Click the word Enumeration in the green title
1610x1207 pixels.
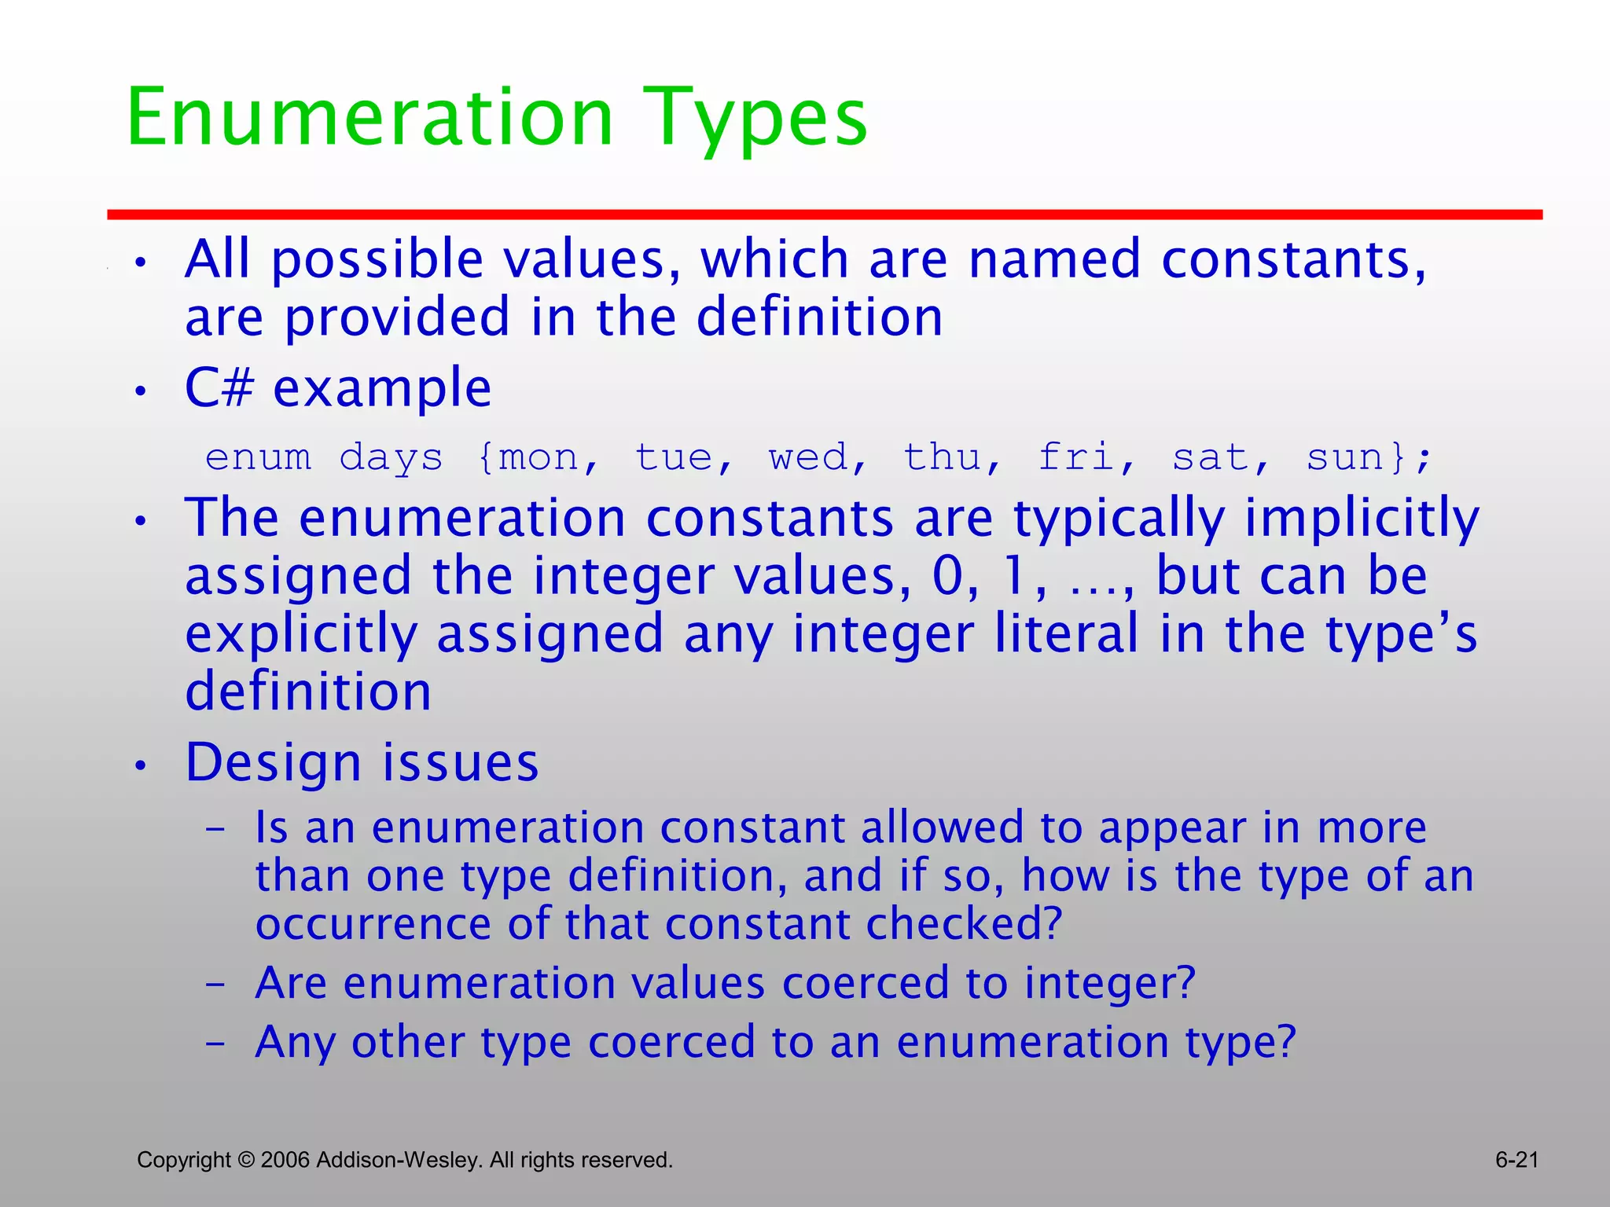(x=369, y=118)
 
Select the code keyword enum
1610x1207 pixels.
(x=258, y=457)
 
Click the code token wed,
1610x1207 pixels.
(x=818, y=457)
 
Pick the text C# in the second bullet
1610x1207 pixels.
(x=219, y=387)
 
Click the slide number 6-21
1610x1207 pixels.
(x=1516, y=1160)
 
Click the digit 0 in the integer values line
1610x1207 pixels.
(x=948, y=576)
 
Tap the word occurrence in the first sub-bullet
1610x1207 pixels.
(x=374, y=925)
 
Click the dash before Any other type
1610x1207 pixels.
(x=215, y=1044)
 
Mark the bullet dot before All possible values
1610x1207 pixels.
(x=140, y=263)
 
